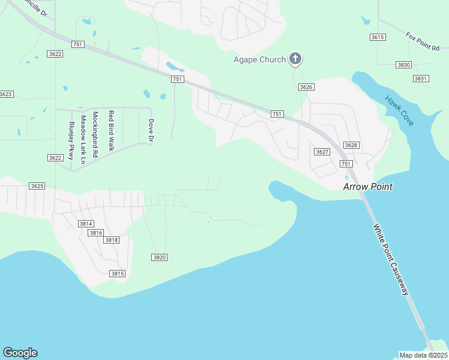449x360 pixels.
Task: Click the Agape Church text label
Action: coord(259,59)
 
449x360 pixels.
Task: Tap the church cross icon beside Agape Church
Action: coord(295,59)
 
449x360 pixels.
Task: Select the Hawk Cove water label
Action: coord(399,111)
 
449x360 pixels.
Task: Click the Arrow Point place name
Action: coord(367,187)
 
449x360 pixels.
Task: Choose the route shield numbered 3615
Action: coord(377,37)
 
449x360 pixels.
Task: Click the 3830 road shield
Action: coord(403,65)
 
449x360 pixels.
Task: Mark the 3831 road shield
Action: coord(421,79)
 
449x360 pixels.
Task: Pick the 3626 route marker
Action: coord(306,87)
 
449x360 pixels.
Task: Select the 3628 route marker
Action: coord(351,145)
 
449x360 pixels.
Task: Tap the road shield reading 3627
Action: coord(322,152)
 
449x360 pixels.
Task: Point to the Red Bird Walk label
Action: coord(111,130)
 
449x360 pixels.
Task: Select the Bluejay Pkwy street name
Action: coord(71,140)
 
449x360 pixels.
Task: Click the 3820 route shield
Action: coord(159,257)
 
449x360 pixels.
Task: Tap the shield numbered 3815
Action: coord(117,274)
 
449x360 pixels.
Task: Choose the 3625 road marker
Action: coord(37,186)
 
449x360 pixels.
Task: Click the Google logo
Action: coord(20,353)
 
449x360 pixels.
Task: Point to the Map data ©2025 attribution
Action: coord(423,355)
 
